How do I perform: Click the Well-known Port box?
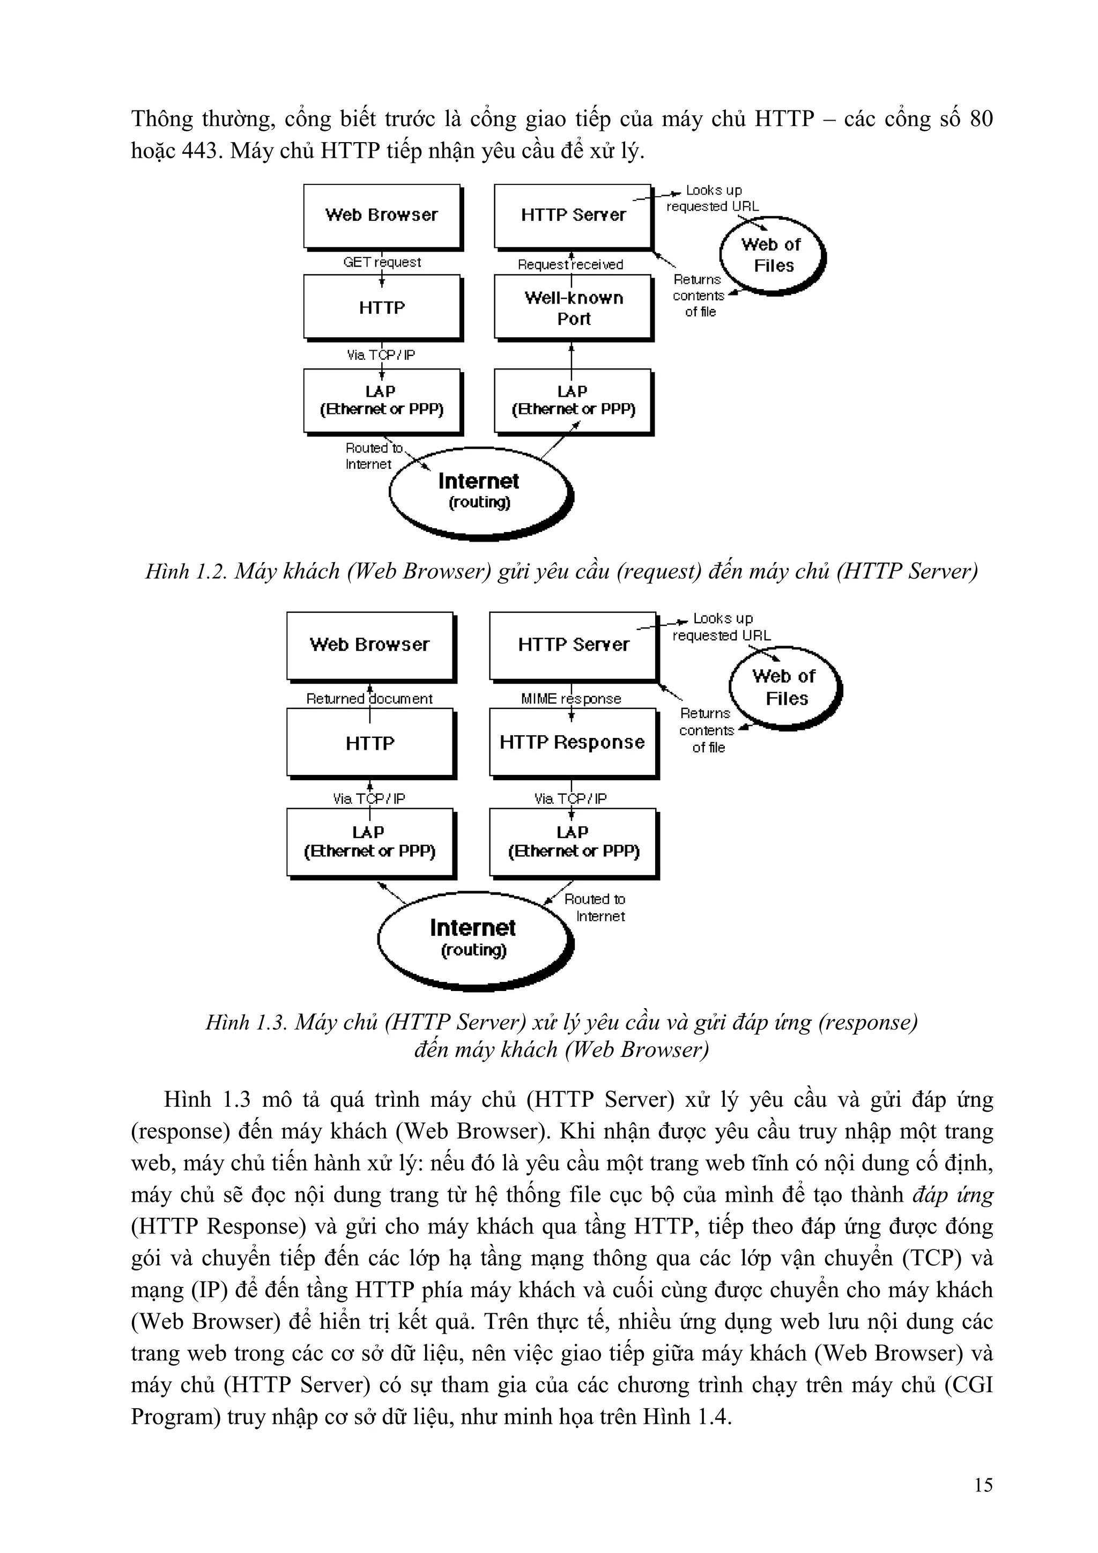pyautogui.click(x=573, y=307)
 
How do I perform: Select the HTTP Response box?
pyautogui.click(x=572, y=742)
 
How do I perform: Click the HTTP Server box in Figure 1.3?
pyautogui.click(x=573, y=645)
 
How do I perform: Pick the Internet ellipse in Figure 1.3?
pyautogui.click(x=473, y=937)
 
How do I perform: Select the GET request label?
pyautogui.click(x=382, y=262)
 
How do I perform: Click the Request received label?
pyautogui.click(x=570, y=264)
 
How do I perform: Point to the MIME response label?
pyautogui.click(x=570, y=699)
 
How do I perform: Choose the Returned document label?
pyautogui.click(x=369, y=699)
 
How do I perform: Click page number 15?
pyautogui.click(x=983, y=1485)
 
